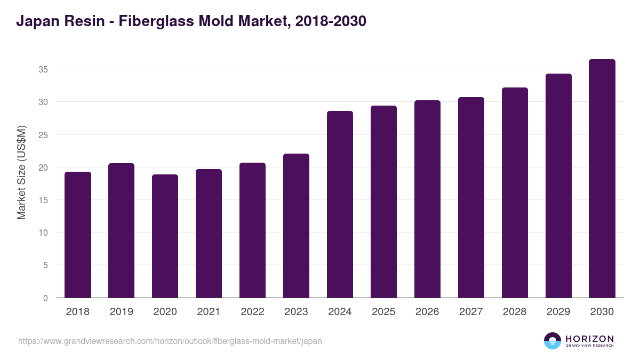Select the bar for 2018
[x=78, y=235]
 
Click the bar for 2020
[x=165, y=236]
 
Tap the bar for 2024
[x=340, y=204]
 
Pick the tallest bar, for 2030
[x=602, y=179]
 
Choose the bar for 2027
[x=471, y=197]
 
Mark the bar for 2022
[x=253, y=230]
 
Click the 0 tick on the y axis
[x=46, y=298]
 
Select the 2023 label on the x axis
[x=296, y=312]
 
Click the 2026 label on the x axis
[x=427, y=312]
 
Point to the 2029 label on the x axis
[x=558, y=312]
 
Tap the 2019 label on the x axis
[x=122, y=312]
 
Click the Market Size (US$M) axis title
[x=22, y=172]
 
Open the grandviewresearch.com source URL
[x=170, y=341]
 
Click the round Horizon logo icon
[x=553, y=341]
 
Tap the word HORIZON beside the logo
[x=589, y=339]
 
